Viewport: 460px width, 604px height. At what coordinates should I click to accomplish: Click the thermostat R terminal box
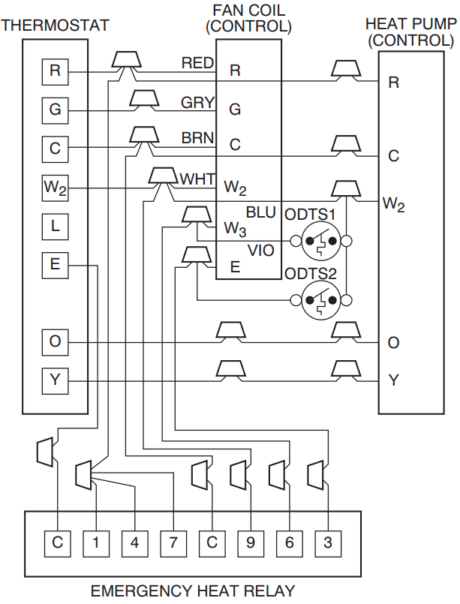click(55, 71)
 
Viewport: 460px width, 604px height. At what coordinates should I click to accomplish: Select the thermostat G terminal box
click(55, 110)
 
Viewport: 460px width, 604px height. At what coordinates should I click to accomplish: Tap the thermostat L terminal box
click(55, 226)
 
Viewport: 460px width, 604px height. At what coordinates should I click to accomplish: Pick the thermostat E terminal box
click(55, 264)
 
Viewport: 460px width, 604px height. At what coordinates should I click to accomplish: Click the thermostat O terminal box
click(55, 342)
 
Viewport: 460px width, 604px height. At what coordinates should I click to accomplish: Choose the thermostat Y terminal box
click(55, 380)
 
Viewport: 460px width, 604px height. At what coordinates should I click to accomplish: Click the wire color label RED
click(197, 63)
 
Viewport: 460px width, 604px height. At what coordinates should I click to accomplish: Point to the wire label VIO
click(261, 251)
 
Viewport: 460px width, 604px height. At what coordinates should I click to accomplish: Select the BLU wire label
click(261, 213)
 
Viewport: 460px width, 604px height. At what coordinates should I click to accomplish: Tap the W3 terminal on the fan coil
click(235, 227)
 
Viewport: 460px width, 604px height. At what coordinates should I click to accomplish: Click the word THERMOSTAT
click(55, 26)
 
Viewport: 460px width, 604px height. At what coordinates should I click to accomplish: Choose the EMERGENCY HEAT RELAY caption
click(193, 590)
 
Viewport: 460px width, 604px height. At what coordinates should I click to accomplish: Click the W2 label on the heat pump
click(393, 203)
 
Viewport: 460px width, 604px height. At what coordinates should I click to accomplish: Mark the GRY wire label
click(197, 103)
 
